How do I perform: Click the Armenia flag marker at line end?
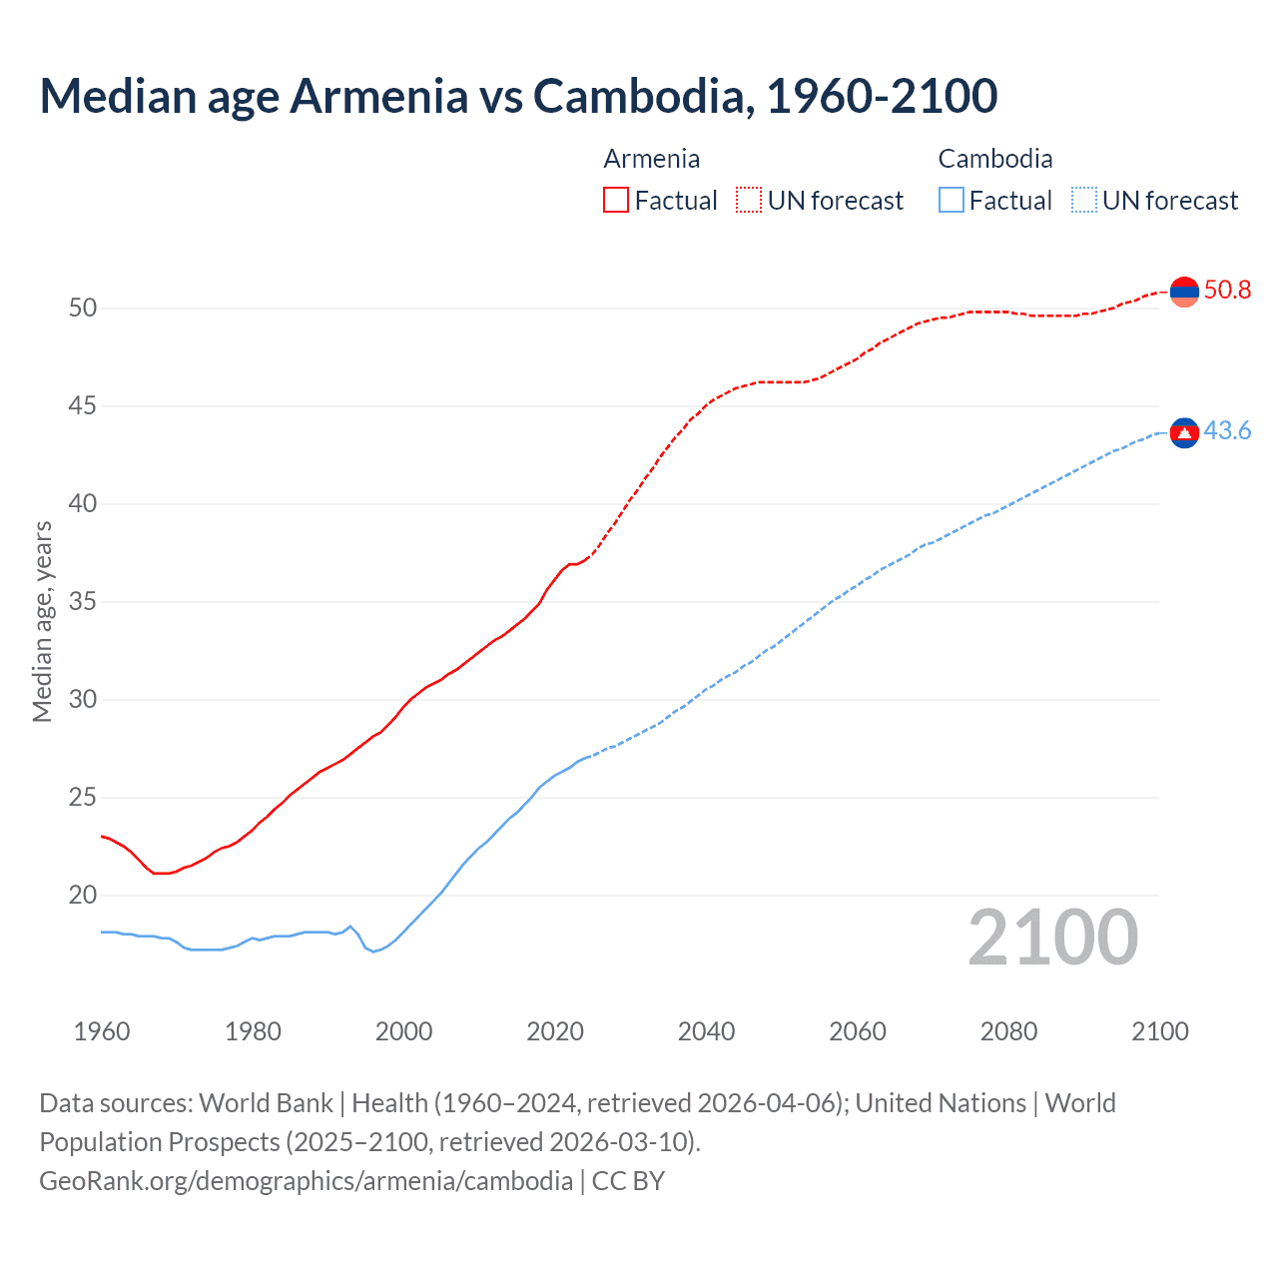click(x=1184, y=292)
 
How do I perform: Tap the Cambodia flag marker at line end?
click(x=1184, y=432)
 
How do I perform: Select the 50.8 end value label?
click(x=1227, y=291)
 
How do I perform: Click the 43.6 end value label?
click(x=1227, y=431)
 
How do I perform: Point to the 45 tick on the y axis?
click(x=83, y=406)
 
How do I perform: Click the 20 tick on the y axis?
click(x=83, y=896)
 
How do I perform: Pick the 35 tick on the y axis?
click(x=83, y=602)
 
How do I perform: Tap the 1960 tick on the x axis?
click(x=102, y=1031)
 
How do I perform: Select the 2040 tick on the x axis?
click(x=706, y=1031)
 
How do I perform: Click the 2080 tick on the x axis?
click(x=1008, y=1031)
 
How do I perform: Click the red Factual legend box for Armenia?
click(x=616, y=201)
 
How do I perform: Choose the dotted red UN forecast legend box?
click(x=749, y=201)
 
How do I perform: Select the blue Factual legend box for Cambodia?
click(x=952, y=201)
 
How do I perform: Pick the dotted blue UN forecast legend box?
click(x=1084, y=201)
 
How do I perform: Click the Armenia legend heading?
click(x=651, y=159)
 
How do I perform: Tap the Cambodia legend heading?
click(x=994, y=159)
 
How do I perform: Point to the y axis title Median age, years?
click(x=43, y=621)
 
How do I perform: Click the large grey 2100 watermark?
click(x=1052, y=938)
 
